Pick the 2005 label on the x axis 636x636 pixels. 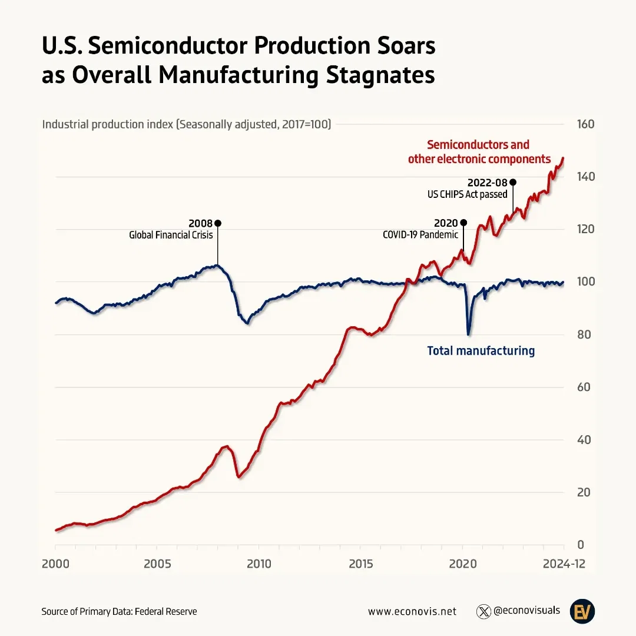pyautogui.click(x=157, y=564)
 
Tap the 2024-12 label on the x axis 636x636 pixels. pyautogui.click(x=564, y=564)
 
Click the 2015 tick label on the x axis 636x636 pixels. pyautogui.click(x=360, y=564)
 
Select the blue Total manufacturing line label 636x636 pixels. pyautogui.click(x=481, y=351)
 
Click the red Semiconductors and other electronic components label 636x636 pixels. pyautogui.click(x=479, y=152)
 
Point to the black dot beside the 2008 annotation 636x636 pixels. pyautogui.click(x=218, y=223)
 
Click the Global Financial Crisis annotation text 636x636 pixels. pyautogui.click(x=171, y=235)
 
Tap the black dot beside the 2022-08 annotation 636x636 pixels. pyautogui.click(x=513, y=183)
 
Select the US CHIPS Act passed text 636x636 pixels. pyautogui.click(x=467, y=194)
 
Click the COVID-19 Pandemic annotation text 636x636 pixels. pyautogui.click(x=420, y=235)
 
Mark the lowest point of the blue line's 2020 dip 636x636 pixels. pyautogui.click(x=469, y=334)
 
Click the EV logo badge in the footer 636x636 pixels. pyautogui.click(x=582, y=611)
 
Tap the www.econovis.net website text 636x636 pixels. pyautogui.click(x=412, y=611)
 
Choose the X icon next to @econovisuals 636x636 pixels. pyautogui.click(x=483, y=611)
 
